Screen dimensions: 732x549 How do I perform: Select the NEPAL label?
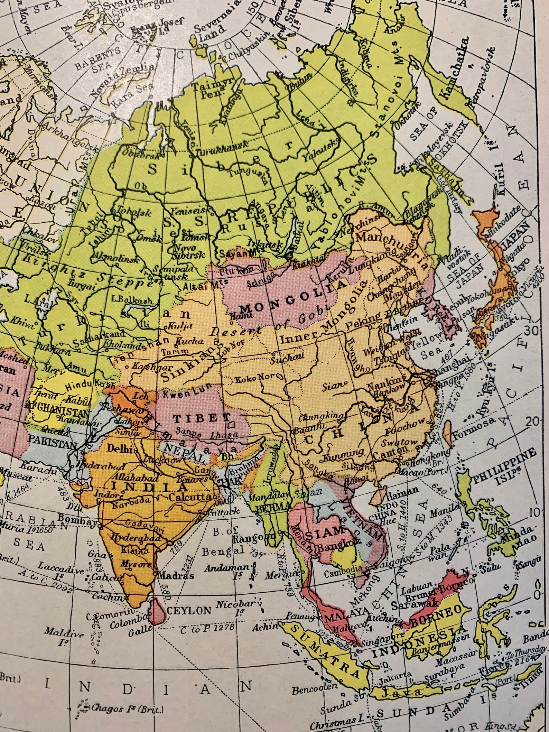pos(179,450)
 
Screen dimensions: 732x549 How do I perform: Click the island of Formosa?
pos(447,429)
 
